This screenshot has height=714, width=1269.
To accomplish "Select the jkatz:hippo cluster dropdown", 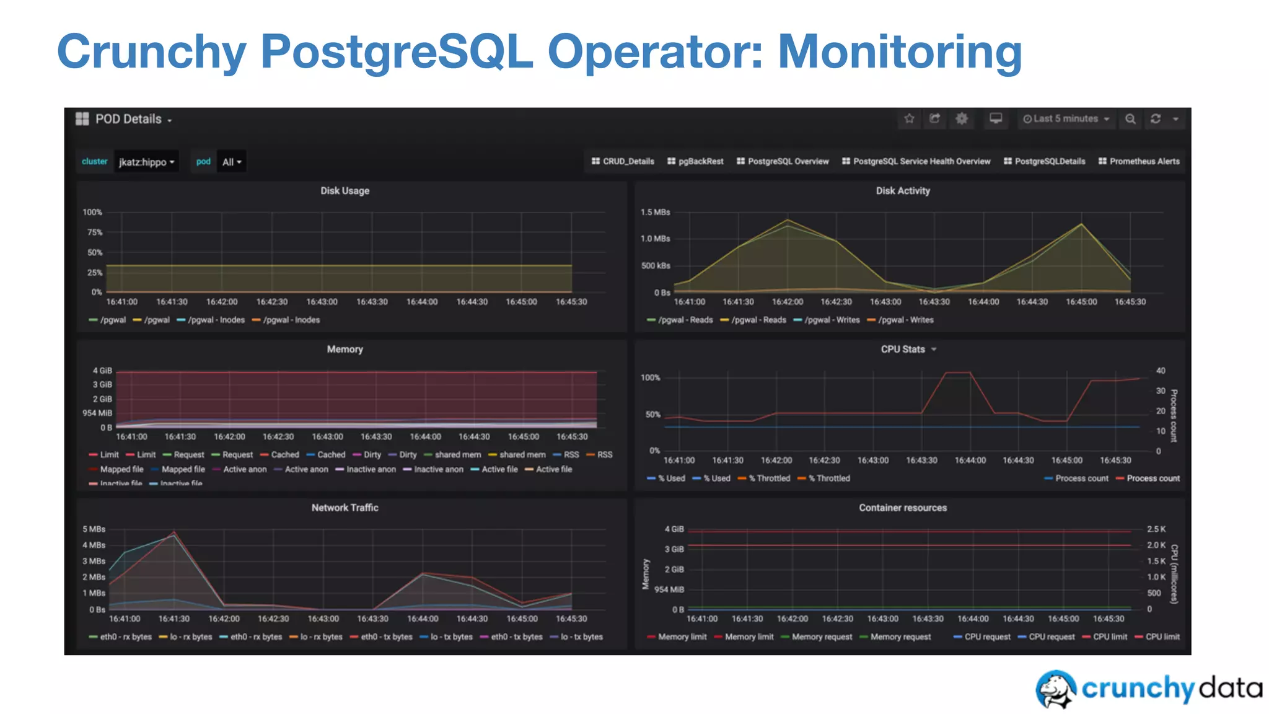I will [x=146, y=162].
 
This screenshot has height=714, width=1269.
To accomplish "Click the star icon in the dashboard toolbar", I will [x=909, y=118].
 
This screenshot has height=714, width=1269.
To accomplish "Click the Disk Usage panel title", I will [x=345, y=191].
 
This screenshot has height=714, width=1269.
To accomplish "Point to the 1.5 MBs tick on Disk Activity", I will [x=655, y=212].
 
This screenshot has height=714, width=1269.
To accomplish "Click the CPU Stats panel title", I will [x=903, y=350].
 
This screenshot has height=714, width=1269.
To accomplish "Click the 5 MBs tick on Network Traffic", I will [x=94, y=529].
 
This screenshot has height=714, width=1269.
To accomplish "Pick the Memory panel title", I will [x=345, y=350].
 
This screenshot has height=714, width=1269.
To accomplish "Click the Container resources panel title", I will [x=903, y=508].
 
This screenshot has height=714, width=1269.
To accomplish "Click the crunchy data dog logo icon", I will [x=1056, y=689].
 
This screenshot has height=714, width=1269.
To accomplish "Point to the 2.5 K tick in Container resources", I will [x=1156, y=529].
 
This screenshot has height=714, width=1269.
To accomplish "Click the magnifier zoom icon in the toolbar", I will [x=1130, y=118].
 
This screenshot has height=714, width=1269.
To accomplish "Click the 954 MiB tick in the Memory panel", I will [x=97, y=413].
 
